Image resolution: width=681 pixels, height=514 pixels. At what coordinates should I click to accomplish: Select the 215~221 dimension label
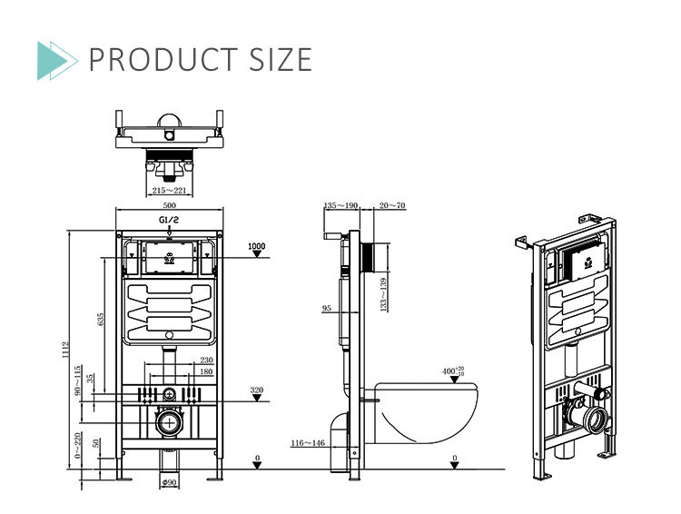(x=169, y=190)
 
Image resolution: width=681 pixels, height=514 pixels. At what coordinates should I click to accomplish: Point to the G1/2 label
(x=169, y=221)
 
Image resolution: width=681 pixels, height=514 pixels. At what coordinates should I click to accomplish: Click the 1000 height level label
(x=257, y=246)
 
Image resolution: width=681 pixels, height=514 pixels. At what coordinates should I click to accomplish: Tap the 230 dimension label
(x=206, y=361)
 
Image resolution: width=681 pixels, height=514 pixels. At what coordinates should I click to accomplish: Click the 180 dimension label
(x=206, y=371)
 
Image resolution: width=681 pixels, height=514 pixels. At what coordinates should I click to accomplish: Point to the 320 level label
(x=257, y=390)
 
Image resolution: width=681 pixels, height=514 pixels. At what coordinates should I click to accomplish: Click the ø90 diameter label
(x=169, y=481)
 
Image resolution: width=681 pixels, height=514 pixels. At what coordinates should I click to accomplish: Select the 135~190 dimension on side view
(x=341, y=206)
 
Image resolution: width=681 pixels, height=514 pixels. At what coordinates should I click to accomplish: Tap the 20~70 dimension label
(x=393, y=206)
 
